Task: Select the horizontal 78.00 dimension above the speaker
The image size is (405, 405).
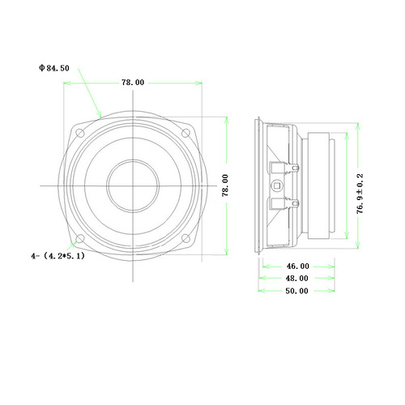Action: (133, 83)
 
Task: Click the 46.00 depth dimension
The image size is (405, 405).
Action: (297, 266)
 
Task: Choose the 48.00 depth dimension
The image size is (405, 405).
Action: (297, 279)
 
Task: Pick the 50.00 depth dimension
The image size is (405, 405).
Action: (297, 292)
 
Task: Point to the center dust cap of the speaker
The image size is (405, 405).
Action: (133, 185)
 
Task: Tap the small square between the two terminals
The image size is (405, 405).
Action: (279, 185)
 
